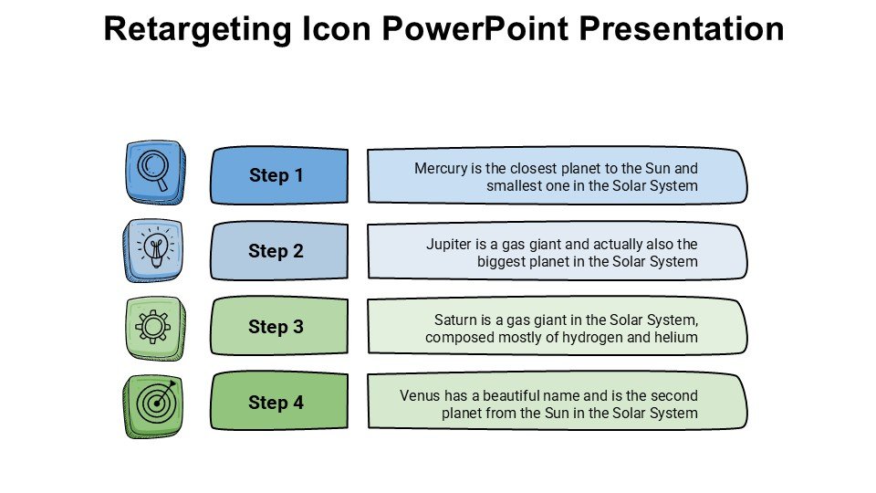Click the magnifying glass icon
click(x=152, y=170)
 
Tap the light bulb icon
click(x=156, y=247)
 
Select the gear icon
click(x=153, y=327)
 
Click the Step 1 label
click(x=276, y=175)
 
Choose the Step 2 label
click(x=276, y=251)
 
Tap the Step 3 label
click(x=276, y=327)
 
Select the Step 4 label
click(x=276, y=403)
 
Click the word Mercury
click(x=441, y=168)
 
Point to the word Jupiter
click(x=449, y=245)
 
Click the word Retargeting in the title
click(x=198, y=29)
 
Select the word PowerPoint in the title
click(x=474, y=28)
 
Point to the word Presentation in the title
click(x=681, y=28)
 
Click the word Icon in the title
click(x=337, y=28)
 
